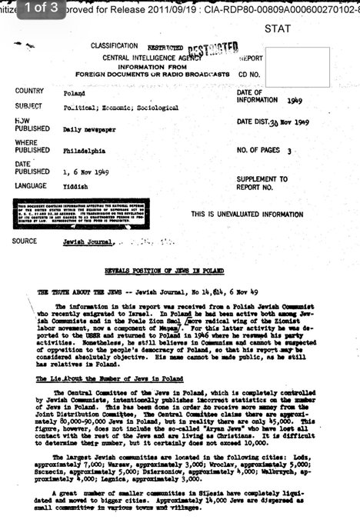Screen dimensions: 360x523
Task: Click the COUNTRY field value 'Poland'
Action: (x=73, y=92)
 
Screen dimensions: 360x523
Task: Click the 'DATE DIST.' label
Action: (x=255, y=122)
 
